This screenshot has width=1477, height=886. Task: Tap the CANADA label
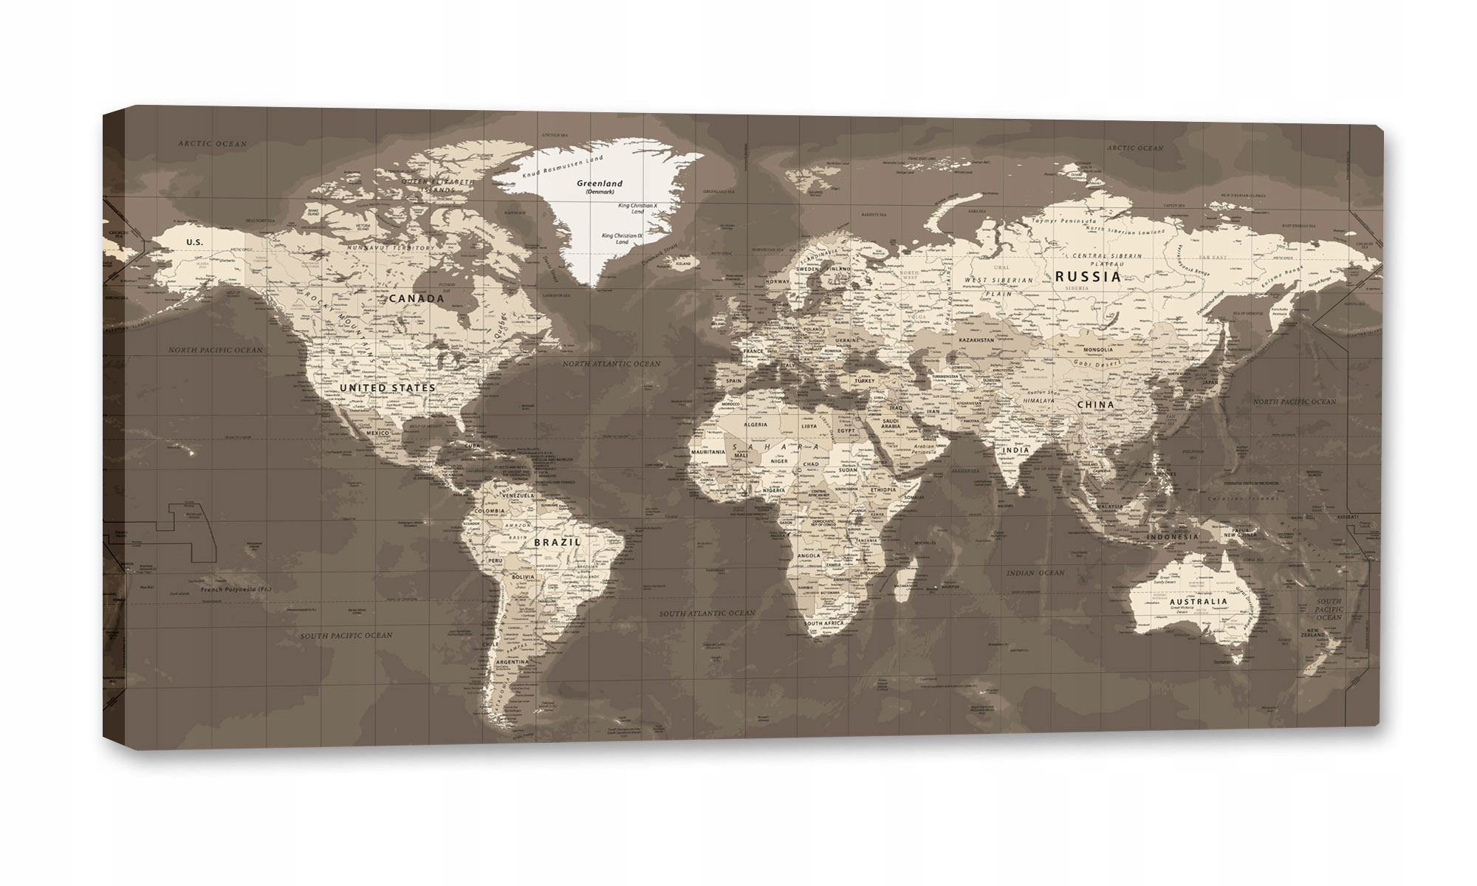click(417, 299)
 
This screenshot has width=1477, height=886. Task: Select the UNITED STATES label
click(388, 387)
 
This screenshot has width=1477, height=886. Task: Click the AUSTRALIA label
click(1198, 622)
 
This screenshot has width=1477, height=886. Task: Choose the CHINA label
click(1095, 405)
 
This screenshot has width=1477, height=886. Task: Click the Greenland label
click(600, 183)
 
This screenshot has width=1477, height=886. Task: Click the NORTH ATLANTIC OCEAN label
click(611, 364)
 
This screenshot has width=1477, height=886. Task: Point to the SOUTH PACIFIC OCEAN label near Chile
click(346, 635)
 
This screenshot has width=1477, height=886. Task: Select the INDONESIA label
click(1172, 538)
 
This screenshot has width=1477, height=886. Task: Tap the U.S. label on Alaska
click(194, 242)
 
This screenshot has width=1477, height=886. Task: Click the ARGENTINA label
click(513, 662)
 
